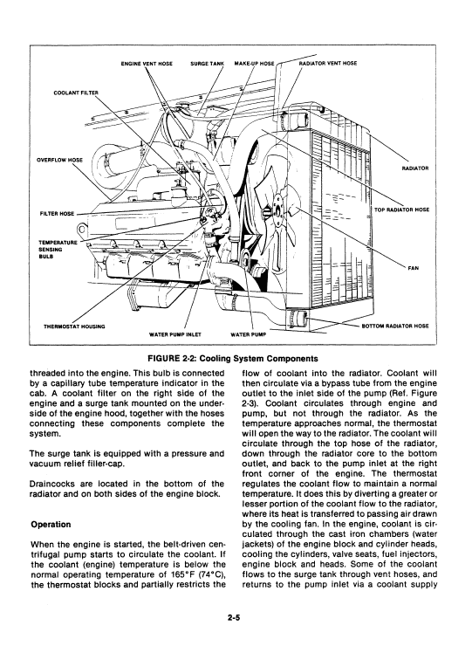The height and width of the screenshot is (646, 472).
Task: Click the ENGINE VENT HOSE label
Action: click(x=147, y=64)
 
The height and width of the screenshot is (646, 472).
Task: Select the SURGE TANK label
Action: click(x=207, y=64)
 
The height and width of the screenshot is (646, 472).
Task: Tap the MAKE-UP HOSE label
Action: click(x=254, y=64)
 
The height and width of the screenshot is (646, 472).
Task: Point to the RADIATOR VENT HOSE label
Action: click(x=328, y=64)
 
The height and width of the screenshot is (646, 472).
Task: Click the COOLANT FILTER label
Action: click(x=76, y=93)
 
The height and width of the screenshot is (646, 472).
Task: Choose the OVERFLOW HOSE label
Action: click(x=59, y=160)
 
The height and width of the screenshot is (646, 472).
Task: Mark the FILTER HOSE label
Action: click(x=58, y=213)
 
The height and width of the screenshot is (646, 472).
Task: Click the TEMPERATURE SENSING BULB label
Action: click(x=58, y=250)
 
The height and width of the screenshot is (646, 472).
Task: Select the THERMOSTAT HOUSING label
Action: click(x=74, y=326)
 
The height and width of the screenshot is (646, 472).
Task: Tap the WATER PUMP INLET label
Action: click(x=175, y=334)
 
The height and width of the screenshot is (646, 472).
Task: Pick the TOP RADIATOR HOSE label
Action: click(x=401, y=210)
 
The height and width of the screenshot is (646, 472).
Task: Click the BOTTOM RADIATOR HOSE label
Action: click(x=395, y=326)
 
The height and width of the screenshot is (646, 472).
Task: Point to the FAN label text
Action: click(x=413, y=268)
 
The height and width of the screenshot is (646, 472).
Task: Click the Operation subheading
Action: click(x=51, y=525)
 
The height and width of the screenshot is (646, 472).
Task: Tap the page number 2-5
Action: click(x=233, y=617)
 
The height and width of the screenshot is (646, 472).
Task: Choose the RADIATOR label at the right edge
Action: click(x=414, y=168)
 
